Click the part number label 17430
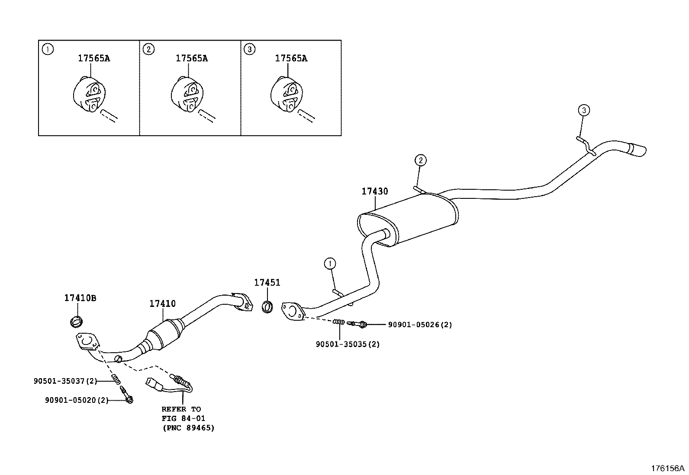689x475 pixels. point(375,191)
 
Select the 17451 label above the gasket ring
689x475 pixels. point(267,283)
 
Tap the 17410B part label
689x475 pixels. point(80,298)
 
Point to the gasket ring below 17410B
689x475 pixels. point(76,321)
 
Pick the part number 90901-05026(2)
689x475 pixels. point(419,324)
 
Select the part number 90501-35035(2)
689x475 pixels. point(348,344)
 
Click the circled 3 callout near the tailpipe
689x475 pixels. point(583,111)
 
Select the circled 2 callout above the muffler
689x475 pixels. point(420,160)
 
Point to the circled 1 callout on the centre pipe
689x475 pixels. point(330,263)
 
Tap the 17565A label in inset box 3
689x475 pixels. point(291,58)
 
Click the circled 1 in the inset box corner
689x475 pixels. point(47,49)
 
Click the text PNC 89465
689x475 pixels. point(189,428)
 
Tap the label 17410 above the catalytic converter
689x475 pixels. point(163,303)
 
